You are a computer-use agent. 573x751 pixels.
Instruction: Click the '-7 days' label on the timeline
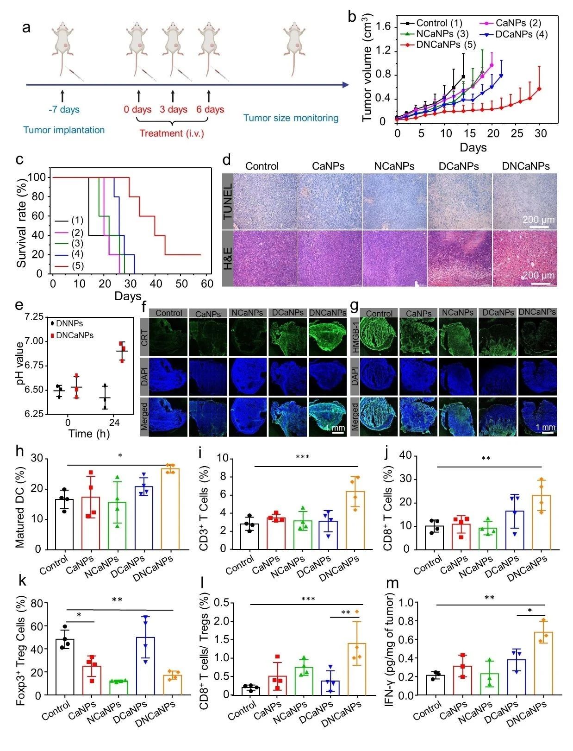[x=64, y=110]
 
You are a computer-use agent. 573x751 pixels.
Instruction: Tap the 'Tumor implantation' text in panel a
[x=64, y=130]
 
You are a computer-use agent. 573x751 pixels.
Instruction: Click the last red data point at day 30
[x=539, y=89]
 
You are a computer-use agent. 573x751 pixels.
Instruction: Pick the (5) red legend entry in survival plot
[x=77, y=265]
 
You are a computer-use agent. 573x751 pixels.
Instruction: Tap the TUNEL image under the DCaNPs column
[x=459, y=201]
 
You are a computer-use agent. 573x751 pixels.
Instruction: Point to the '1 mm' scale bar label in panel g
[x=545, y=427]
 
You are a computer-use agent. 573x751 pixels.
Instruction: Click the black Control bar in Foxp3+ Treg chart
[x=64, y=667]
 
